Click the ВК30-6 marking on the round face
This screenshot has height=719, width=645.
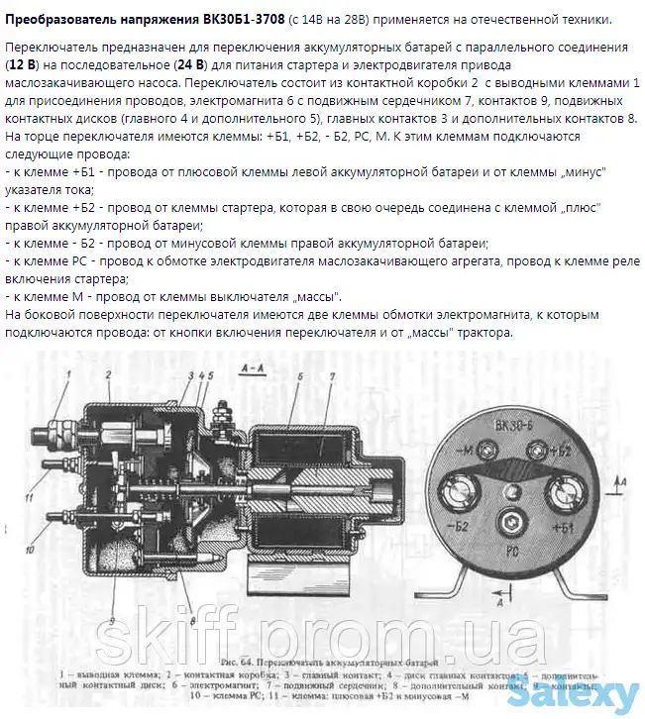pos(514,428)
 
